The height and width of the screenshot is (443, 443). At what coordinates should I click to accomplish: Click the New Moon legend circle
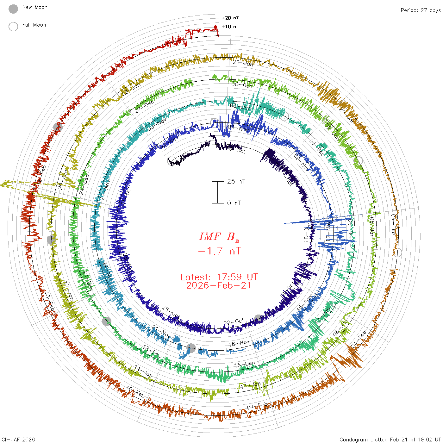(x=13, y=9)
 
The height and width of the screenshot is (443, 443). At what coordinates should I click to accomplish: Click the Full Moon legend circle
(x=13, y=27)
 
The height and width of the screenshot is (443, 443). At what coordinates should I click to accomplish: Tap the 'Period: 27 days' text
(x=421, y=10)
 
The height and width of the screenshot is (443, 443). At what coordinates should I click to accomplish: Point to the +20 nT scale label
(x=230, y=18)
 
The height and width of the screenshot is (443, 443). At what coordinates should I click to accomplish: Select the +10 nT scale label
(x=230, y=27)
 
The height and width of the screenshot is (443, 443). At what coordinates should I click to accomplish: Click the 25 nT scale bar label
(x=236, y=182)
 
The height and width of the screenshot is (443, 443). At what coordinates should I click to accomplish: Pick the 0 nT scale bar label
(x=234, y=203)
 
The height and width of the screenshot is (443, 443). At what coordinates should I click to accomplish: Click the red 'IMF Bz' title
(x=219, y=237)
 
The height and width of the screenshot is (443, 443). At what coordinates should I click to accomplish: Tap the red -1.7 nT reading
(x=219, y=251)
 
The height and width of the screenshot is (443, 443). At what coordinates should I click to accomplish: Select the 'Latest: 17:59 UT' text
(x=219, y=277)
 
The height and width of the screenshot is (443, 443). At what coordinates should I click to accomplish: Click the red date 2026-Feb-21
(x=219, y=286)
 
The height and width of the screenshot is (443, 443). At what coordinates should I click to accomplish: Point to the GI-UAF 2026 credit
(x=18, y=440)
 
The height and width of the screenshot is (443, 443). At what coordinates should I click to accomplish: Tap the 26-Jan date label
(x=243, y=63)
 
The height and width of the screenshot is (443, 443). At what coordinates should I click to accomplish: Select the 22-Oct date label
(x=234, y=322)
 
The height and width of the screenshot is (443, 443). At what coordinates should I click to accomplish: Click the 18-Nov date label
(x=239, y=343)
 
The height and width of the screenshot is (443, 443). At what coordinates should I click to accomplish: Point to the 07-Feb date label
(x=258, y=406)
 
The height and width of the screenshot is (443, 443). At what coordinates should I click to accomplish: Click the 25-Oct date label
(x=170, y=311)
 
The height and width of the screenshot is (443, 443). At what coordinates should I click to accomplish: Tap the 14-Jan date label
(x=143, y=371)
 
